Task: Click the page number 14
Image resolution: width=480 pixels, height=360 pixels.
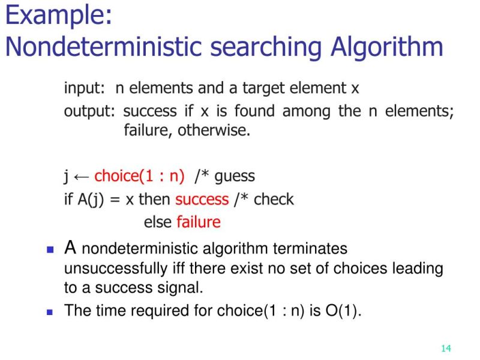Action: pos(445,349)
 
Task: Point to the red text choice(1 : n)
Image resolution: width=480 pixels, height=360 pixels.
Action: pos(139,176)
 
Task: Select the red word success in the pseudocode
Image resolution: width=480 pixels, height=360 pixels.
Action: pos(202,199)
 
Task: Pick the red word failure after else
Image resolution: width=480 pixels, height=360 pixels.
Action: pos(199,222)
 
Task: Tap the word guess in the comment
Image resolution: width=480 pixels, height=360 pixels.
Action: pos(235,176)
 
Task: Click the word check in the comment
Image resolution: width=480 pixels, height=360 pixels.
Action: pos(274,199)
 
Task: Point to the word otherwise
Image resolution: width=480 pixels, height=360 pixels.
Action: pos(213,130)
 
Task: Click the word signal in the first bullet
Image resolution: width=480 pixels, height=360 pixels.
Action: pos(180,287)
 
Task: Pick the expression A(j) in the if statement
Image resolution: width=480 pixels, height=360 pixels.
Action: pos(90,199)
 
